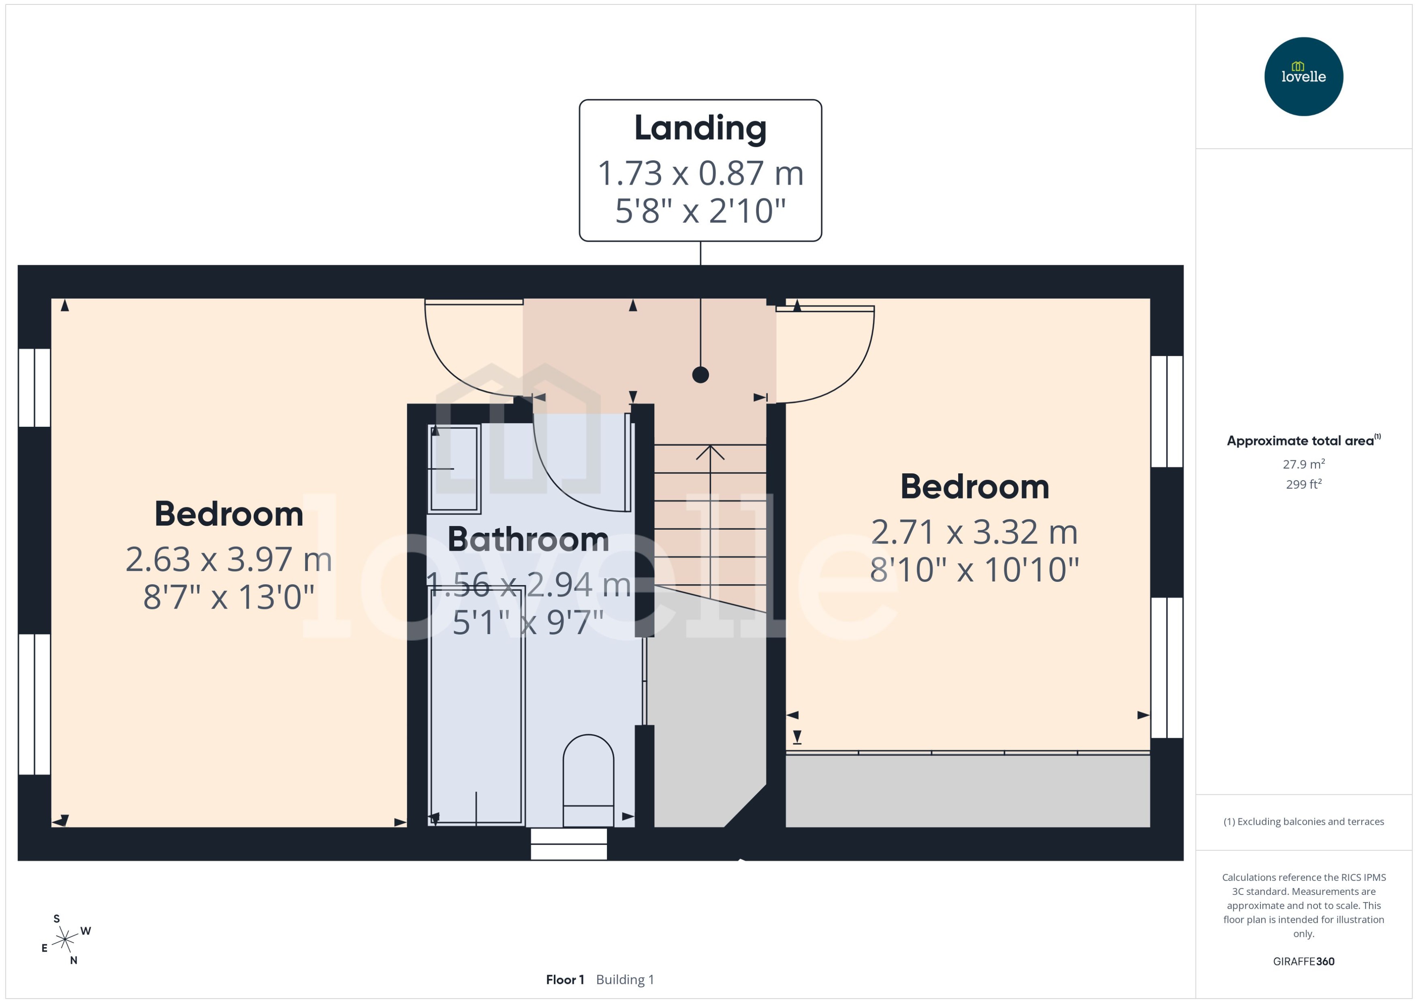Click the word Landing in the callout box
point(700,128)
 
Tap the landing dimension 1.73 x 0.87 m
point(700,173)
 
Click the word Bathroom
point(528,539)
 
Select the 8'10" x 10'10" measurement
point(974,569)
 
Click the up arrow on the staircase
point(711,454)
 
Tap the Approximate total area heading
point(1301,441)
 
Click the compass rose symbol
point(65,940)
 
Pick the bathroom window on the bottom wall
point(568,843)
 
